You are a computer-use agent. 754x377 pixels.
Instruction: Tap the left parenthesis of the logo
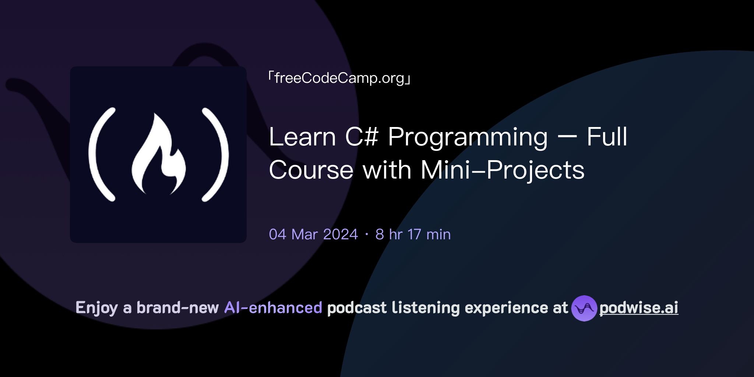(96, 155)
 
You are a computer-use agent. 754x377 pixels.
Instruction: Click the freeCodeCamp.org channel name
(339, 78)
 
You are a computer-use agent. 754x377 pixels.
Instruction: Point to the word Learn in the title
(302, 137)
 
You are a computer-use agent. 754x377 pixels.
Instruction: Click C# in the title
(362, 137)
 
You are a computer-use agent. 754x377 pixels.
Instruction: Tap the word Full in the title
(607, 137)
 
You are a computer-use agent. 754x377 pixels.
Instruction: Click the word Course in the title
(311, 170)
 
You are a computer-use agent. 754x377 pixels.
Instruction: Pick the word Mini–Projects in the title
(503, 171)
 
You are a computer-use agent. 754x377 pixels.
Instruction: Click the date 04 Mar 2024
(313, 234)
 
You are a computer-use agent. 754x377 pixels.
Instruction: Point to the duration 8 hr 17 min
(413, 234)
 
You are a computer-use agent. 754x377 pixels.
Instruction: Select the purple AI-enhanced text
(273, 308)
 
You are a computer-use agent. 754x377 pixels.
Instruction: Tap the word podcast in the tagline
(357, 308)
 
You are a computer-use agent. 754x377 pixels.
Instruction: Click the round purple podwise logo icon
(584, 308)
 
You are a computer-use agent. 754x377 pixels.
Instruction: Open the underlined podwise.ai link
(639, 308)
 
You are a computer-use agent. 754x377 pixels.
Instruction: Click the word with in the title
(387, 170)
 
